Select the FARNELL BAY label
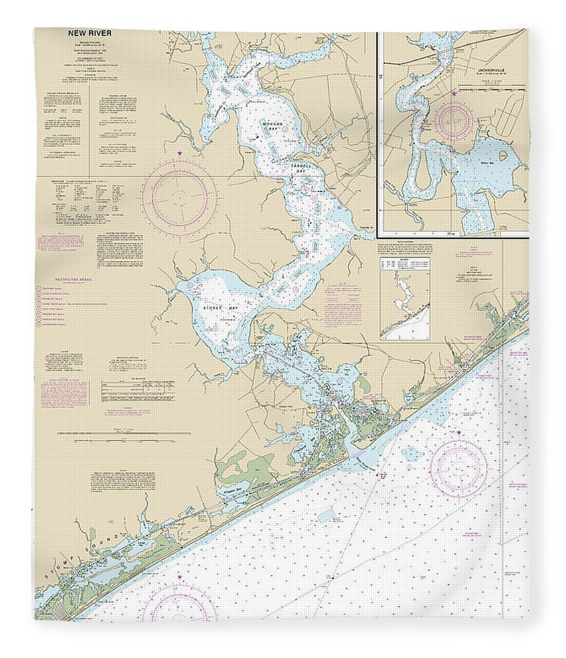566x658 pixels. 299,169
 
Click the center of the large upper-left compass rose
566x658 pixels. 180,197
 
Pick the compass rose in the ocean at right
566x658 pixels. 459,468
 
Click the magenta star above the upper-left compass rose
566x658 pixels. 180,154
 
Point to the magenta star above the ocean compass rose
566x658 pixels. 459,432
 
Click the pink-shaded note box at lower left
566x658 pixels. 64,392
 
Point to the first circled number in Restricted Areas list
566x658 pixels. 41,288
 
